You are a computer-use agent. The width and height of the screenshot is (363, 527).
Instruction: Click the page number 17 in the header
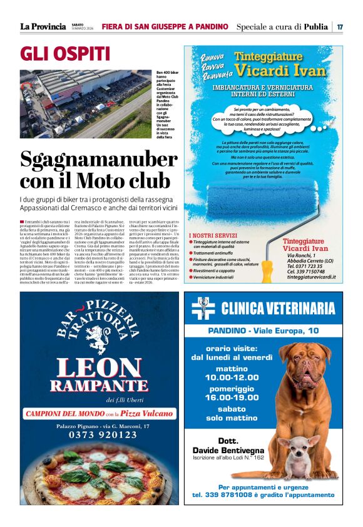[x=340, y=27]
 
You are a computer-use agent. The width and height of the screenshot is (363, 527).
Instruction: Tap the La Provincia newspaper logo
[x=43, y=27]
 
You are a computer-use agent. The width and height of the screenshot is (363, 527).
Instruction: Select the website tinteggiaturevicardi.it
[x=312, y=277]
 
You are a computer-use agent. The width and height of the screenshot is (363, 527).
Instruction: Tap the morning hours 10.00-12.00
[x=227, y=377]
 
